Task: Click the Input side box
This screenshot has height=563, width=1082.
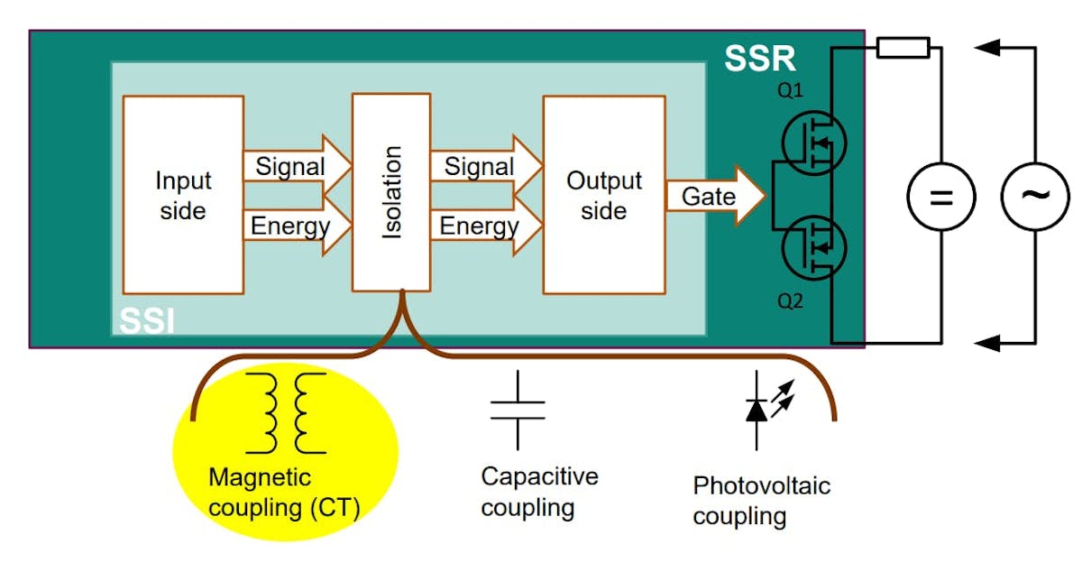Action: (183, 194)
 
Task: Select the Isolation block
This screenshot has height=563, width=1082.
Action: (391, 191)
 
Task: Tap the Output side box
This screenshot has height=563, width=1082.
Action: (603, 194)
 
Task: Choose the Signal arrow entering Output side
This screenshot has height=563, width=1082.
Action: (483, 167)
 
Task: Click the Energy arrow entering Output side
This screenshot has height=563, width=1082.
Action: (483, 225)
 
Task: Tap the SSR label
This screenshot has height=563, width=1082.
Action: (760, 60)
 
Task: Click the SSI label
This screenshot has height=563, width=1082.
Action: (148, 320)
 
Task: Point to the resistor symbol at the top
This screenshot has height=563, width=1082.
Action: (902, 47)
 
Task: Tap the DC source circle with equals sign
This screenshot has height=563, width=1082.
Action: (940, 196)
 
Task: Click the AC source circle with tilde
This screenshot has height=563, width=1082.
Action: (1034, 196)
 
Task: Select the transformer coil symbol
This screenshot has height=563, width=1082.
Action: (285, 412)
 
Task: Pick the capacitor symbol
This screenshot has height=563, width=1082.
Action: (518, 411)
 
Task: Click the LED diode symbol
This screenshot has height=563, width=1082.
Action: (758, 409)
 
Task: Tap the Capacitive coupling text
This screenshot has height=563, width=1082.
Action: (538, 492)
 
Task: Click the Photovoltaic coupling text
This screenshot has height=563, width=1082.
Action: (760, 502)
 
